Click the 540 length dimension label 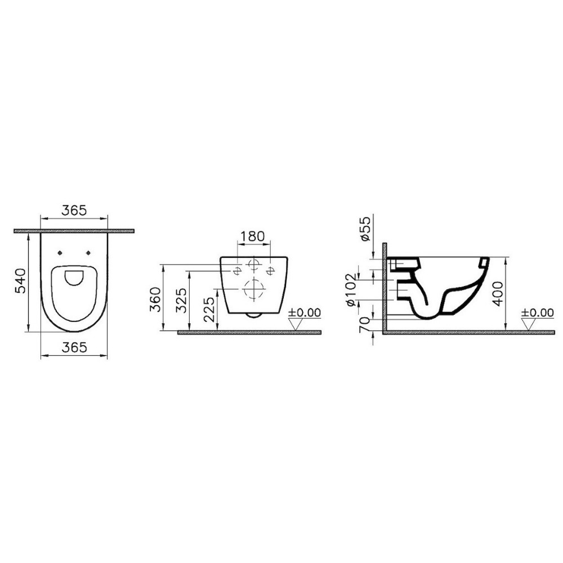click(20, 280)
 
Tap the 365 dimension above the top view click(74, 210)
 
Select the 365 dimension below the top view click(74, 347)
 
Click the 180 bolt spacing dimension click(252, 236)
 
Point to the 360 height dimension click(155, 299)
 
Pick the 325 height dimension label click(182, 300)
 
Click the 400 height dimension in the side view click(498, 293)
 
